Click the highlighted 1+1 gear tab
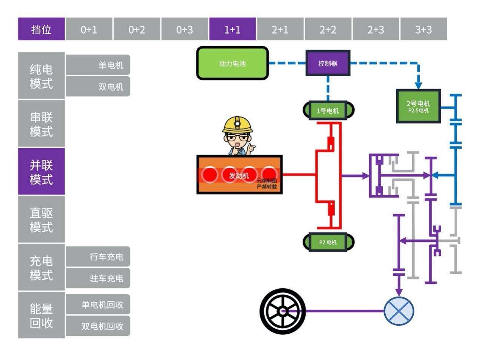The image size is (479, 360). point(232,29)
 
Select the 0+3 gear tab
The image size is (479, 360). point(185,29)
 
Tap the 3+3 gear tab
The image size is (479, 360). point(424,29)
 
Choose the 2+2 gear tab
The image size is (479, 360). point(328,29)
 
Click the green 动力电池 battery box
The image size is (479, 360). point(232,63)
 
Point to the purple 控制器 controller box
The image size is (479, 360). point(328,63)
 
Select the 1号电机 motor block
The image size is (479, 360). point(328,111)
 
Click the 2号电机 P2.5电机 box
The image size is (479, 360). point(418,106)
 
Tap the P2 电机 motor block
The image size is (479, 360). point(328,242)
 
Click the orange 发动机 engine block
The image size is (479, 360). point(239,175)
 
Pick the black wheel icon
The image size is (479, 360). point(283,311)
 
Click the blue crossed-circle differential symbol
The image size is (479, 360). point(399,311)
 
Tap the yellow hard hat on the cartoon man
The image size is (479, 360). point(237,125)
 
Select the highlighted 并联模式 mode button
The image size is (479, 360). point(41,172)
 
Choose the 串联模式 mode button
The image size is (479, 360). point(41,124)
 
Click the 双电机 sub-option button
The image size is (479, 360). point(98,87)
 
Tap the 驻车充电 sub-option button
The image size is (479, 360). point(98,278)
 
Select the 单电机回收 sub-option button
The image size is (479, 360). point(98,304)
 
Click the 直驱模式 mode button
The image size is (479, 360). point(41,220)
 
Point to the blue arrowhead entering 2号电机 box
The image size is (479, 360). point(418,85)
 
